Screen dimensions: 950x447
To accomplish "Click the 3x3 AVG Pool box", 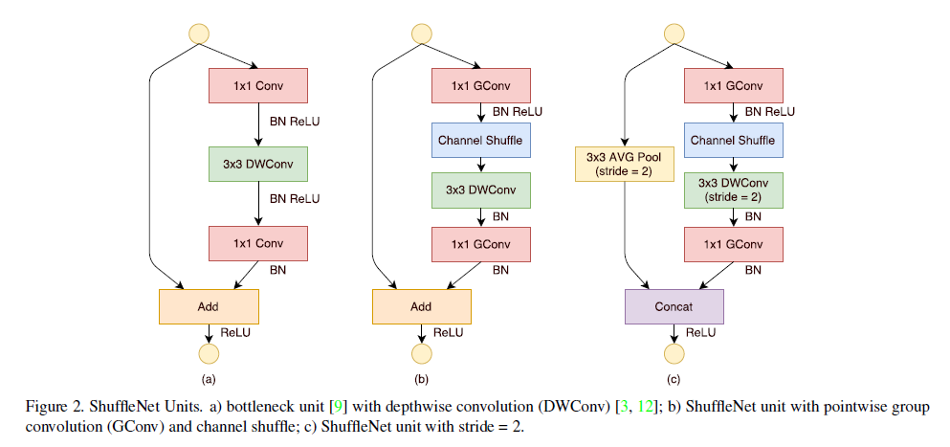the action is pos(624,164).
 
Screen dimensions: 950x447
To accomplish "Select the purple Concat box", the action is pos(674,306).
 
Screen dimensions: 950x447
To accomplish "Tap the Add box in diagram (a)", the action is pos(209,306).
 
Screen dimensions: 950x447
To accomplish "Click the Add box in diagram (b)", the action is pos(421,306).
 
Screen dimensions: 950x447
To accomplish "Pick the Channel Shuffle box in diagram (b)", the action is pos(481,140).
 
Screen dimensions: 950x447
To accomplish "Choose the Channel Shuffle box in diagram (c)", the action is pos(733,140).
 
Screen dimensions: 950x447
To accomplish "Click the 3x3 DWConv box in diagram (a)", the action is pos(258,164).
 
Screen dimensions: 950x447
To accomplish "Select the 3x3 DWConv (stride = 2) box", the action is pos(733,190).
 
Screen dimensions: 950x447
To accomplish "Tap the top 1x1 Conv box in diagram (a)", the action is pos(258,85).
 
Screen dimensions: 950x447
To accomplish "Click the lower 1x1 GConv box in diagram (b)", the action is pos(481,244).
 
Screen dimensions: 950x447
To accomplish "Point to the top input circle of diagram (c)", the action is pos(674,34).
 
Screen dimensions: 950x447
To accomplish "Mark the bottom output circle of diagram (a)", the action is pos(209,353).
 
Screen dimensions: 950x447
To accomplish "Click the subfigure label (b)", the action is pos(421,380).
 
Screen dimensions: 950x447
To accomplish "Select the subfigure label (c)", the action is pos(674,380).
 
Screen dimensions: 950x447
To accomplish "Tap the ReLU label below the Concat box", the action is pos(700,332).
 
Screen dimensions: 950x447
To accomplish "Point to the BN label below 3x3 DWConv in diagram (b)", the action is pos(500,216).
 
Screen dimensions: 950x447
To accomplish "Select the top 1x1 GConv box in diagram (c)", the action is pos(733,85).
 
